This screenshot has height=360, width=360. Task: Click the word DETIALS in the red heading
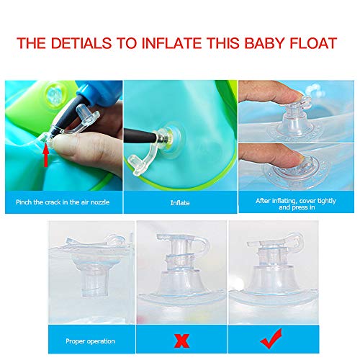[87, 43]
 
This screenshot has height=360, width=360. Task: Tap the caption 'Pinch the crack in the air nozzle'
[64, 202]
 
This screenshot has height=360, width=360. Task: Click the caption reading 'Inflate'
[180, 202]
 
